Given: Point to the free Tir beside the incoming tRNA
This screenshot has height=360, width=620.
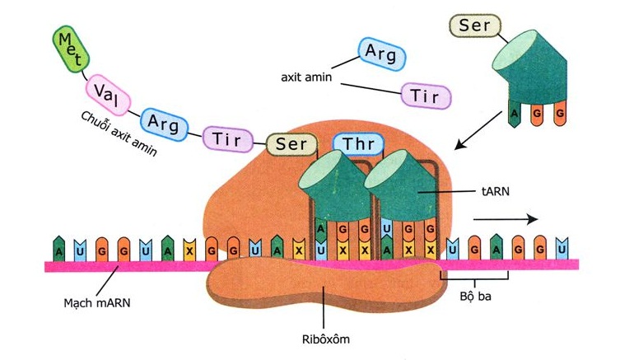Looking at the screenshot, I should [426, 96].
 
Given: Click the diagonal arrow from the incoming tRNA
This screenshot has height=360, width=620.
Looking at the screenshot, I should [477, 132].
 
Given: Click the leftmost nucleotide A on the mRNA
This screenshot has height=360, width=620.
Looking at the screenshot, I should [59, 247].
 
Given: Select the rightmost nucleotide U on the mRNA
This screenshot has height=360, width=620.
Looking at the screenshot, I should [562, 247].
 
